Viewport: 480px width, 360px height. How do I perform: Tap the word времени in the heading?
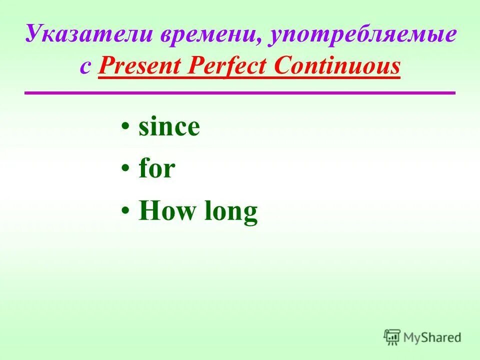[209, 36]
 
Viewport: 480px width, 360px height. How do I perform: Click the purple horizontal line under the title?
[240, 92]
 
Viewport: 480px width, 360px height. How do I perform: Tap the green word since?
[169, 127]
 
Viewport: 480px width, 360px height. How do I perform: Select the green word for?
[156, 169]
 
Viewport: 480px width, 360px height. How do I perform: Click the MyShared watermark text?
[432, 337]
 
